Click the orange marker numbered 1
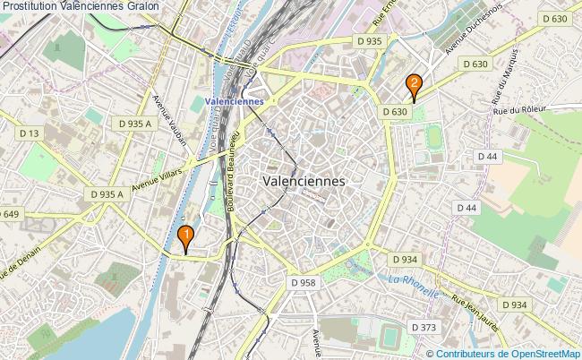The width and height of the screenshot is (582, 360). click(185, 237)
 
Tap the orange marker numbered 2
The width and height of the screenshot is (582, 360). click(414, 84)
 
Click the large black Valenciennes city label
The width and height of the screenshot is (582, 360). click(305, 179)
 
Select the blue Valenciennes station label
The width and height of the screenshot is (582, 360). click(234, 101)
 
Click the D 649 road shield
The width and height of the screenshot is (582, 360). click(9, 214)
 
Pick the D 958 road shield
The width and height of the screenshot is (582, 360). click(304, 282)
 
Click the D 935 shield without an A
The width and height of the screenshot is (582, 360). click(368, 41)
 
